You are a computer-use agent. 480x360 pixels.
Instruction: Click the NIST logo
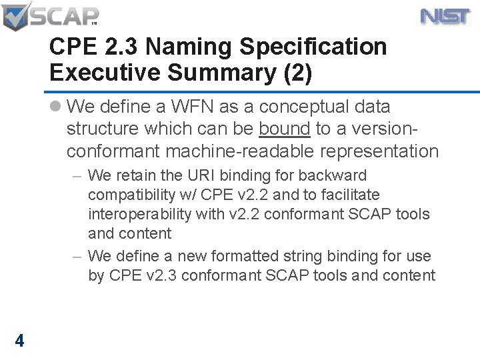(445, 16)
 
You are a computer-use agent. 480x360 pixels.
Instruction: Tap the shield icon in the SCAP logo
(16, 17)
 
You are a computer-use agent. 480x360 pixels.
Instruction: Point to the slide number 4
(19, 341)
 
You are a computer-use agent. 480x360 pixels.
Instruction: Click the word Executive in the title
(97, 73)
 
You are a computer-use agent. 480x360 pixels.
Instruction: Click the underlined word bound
(285, 129)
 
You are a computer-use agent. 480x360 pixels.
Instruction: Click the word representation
(379, 151)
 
